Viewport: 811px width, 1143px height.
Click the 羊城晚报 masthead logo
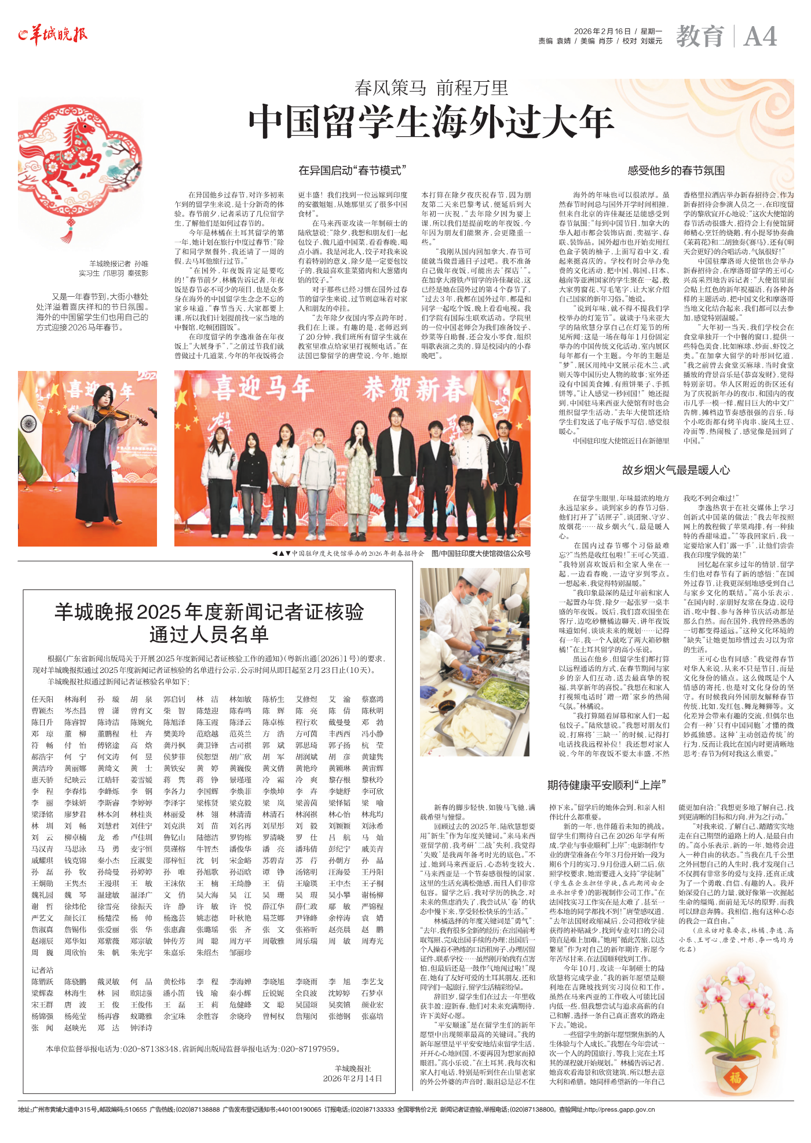53,35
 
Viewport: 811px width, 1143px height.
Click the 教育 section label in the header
700,37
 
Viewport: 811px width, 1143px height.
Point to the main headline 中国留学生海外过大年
431,122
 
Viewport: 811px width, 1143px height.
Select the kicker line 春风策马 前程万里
431,88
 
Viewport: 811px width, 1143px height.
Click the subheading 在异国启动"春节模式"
352,170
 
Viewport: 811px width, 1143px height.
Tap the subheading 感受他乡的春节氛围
676,170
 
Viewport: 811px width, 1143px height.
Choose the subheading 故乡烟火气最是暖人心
676,470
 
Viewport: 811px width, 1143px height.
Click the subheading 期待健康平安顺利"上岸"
607,785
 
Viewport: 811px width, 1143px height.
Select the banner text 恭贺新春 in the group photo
413,390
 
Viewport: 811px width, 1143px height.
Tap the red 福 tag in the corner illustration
735,1078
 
